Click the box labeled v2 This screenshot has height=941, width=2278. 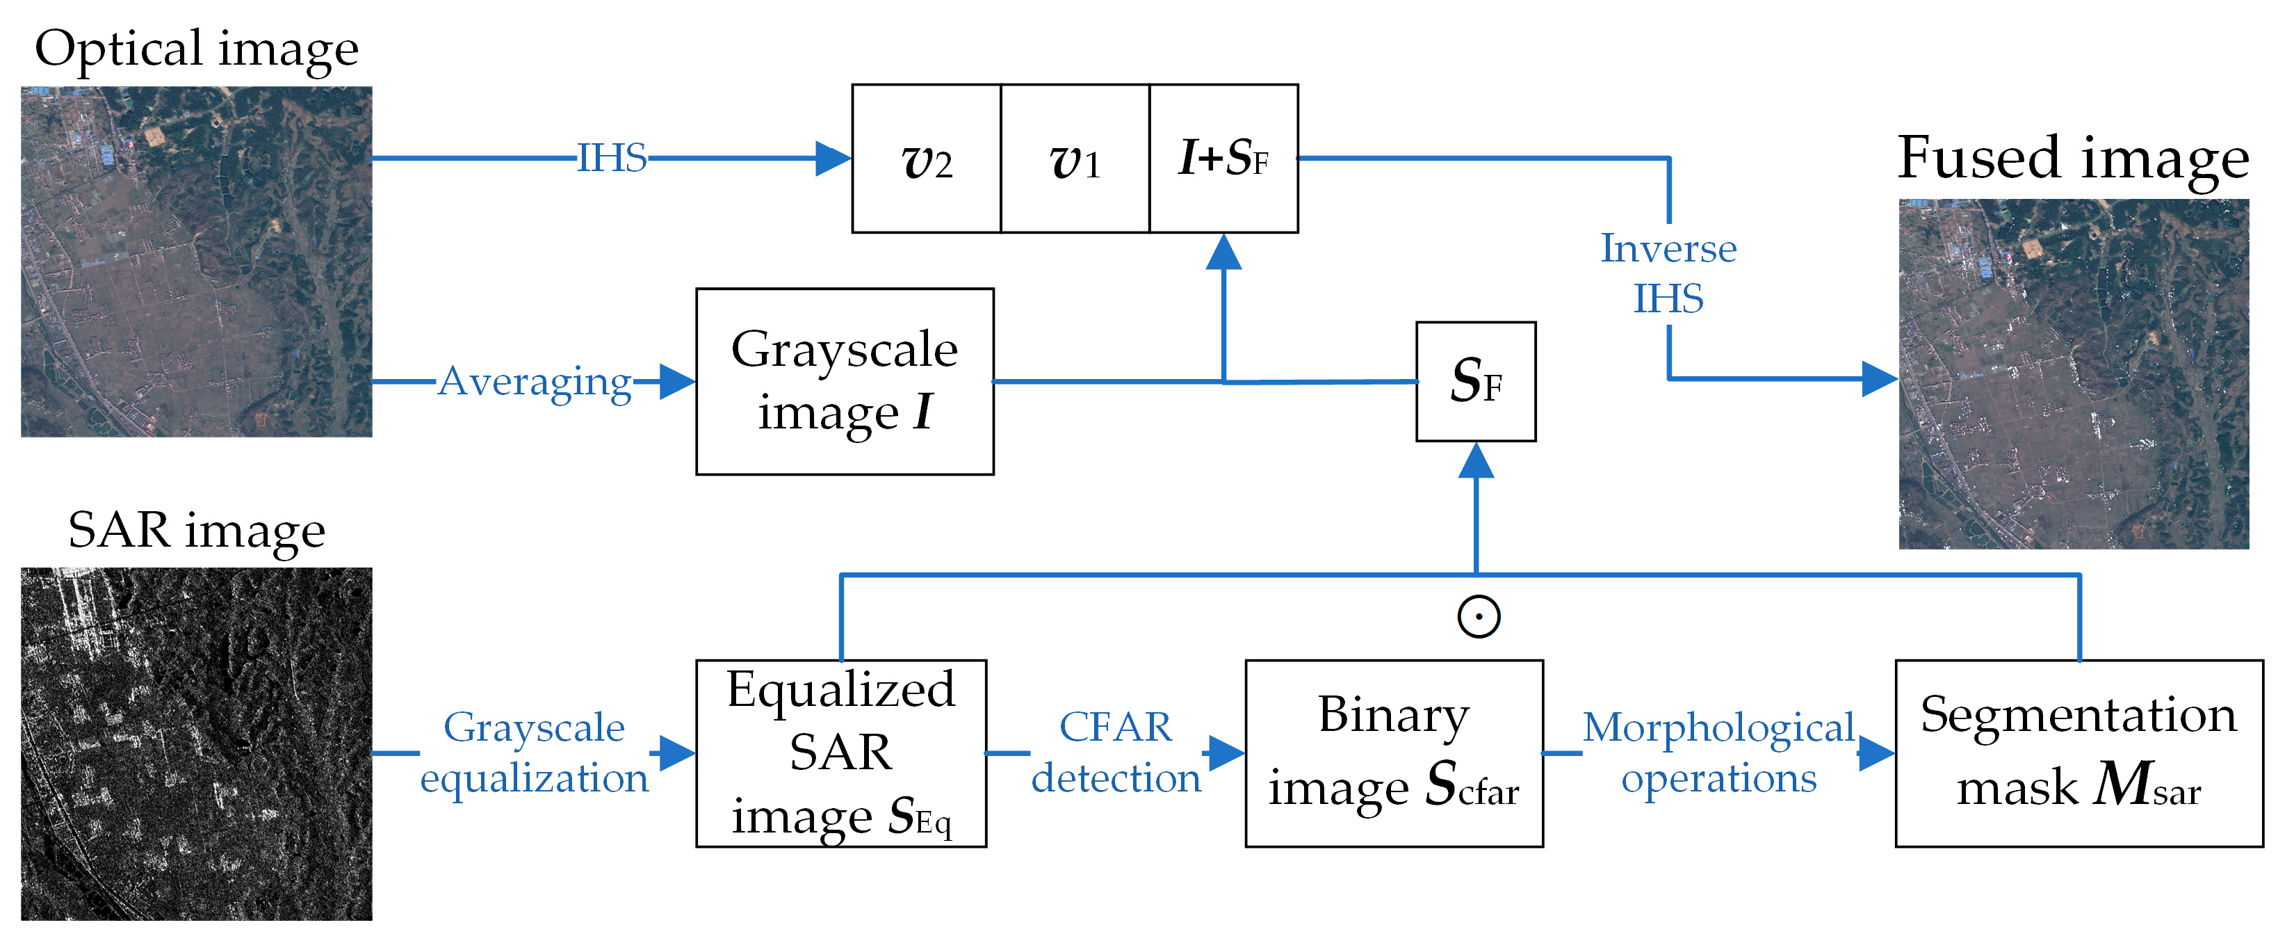(x=926, y=159)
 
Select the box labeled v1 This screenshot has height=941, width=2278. (x=1075, y=159)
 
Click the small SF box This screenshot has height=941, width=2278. (x=1475, y=381)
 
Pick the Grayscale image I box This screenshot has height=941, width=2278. (x=845, y=381)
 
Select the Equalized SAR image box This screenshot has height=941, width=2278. (x=841, y=753)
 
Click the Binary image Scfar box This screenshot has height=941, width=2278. (x=1394, y=753)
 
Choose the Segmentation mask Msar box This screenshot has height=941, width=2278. (x=2078, y=753)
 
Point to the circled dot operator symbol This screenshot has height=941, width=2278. (x=1479, y=616)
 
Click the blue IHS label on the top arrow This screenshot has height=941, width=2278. (x=611, y=159)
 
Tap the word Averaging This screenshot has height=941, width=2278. (x=535, y=381)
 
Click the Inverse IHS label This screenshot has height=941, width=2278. (x=1668, y=273)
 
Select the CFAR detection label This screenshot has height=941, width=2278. (x=1115, y=753)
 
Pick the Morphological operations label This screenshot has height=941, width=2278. (x=1718, y=753)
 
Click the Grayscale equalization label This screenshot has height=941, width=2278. (x=534, y=753)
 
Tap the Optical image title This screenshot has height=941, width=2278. (x=196, y=49)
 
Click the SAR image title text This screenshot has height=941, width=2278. (x=196, y=531)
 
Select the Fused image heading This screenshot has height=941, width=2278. (x=2073, y=159)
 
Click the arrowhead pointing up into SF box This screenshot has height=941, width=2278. (x=1476, y=460)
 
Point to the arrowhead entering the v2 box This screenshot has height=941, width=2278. (x=832, y=159)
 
